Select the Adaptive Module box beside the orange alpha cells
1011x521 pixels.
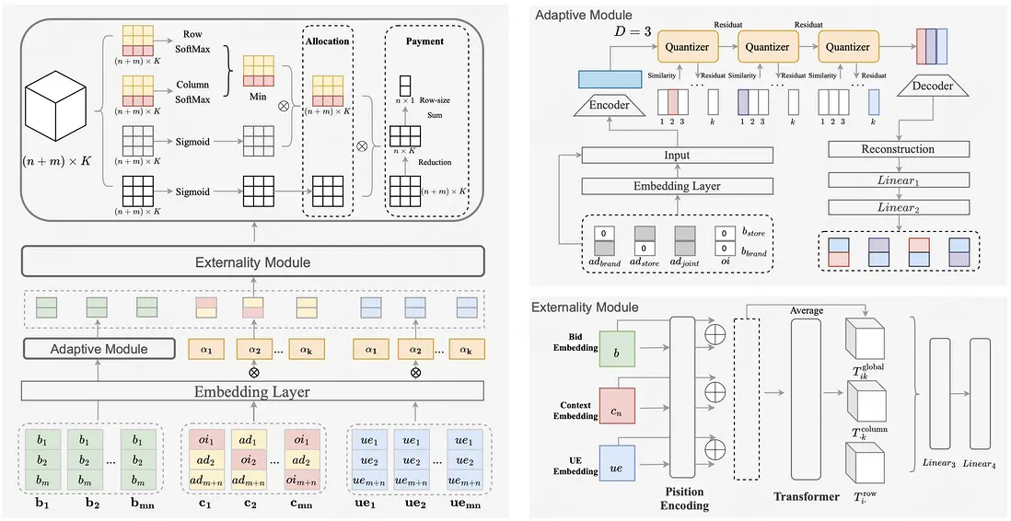(x=99, y=349)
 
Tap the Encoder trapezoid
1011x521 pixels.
(x=609, y=105)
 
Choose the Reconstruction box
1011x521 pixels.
(x=898, y=149)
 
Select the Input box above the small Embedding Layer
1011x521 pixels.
(x=677, y=156)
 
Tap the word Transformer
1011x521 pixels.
(x=808, y=497)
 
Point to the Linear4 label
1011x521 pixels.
(x=982, y=463)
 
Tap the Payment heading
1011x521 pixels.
(x=424, y=41)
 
